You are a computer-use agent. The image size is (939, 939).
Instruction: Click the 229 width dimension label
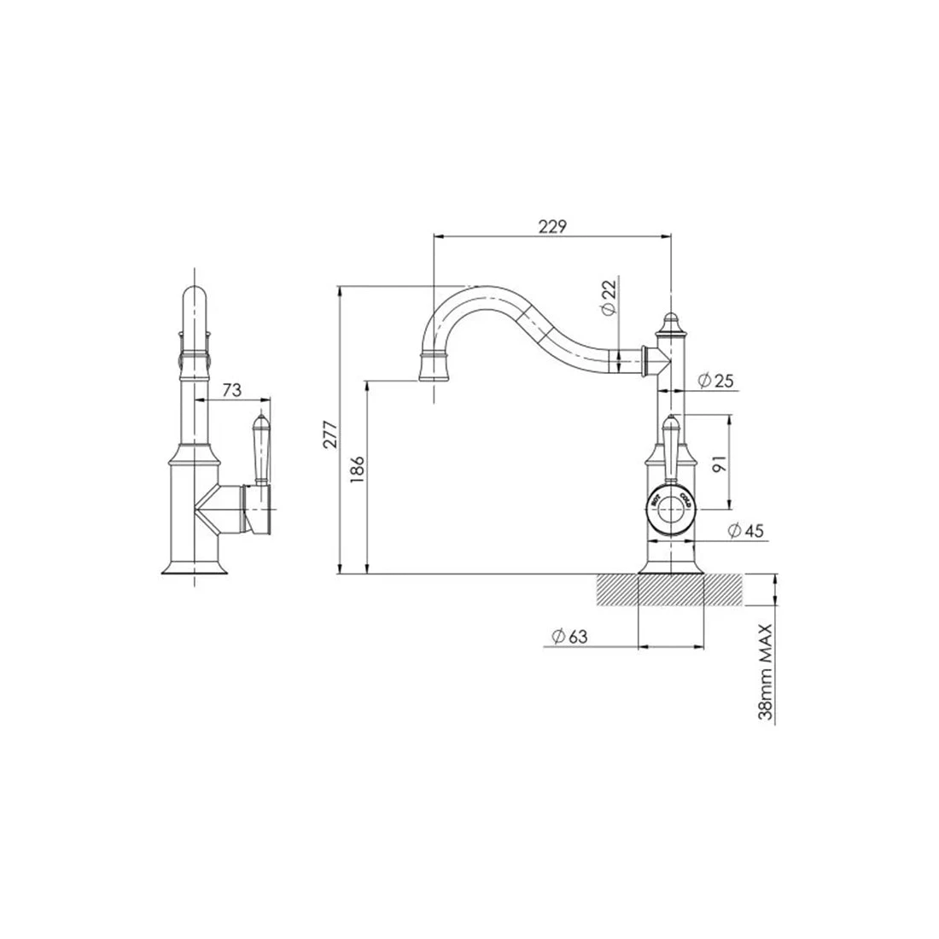(552, 226)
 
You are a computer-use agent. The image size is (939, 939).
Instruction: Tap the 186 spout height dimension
(359, 471)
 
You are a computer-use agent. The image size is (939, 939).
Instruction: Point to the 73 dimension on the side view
(231, 390)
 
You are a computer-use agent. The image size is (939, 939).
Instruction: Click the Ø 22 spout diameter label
(608, 299)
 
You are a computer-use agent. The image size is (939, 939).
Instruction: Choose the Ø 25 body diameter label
(715, 381)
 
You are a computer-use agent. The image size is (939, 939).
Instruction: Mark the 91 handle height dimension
(719, 463)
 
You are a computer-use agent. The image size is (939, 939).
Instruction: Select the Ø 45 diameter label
(745, 531)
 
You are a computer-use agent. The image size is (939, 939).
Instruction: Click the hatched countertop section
(670, 590)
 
